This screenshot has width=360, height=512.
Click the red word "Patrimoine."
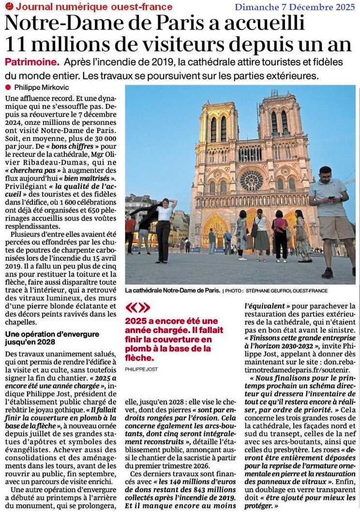(32, 63)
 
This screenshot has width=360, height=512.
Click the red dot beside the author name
(8, 87)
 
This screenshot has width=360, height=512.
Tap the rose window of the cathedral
(251, 180)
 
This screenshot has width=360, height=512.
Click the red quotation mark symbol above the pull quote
(137, 308)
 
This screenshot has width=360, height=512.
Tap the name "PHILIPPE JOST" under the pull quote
(141, 369)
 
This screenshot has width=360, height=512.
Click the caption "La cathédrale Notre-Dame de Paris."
(172, 291)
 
